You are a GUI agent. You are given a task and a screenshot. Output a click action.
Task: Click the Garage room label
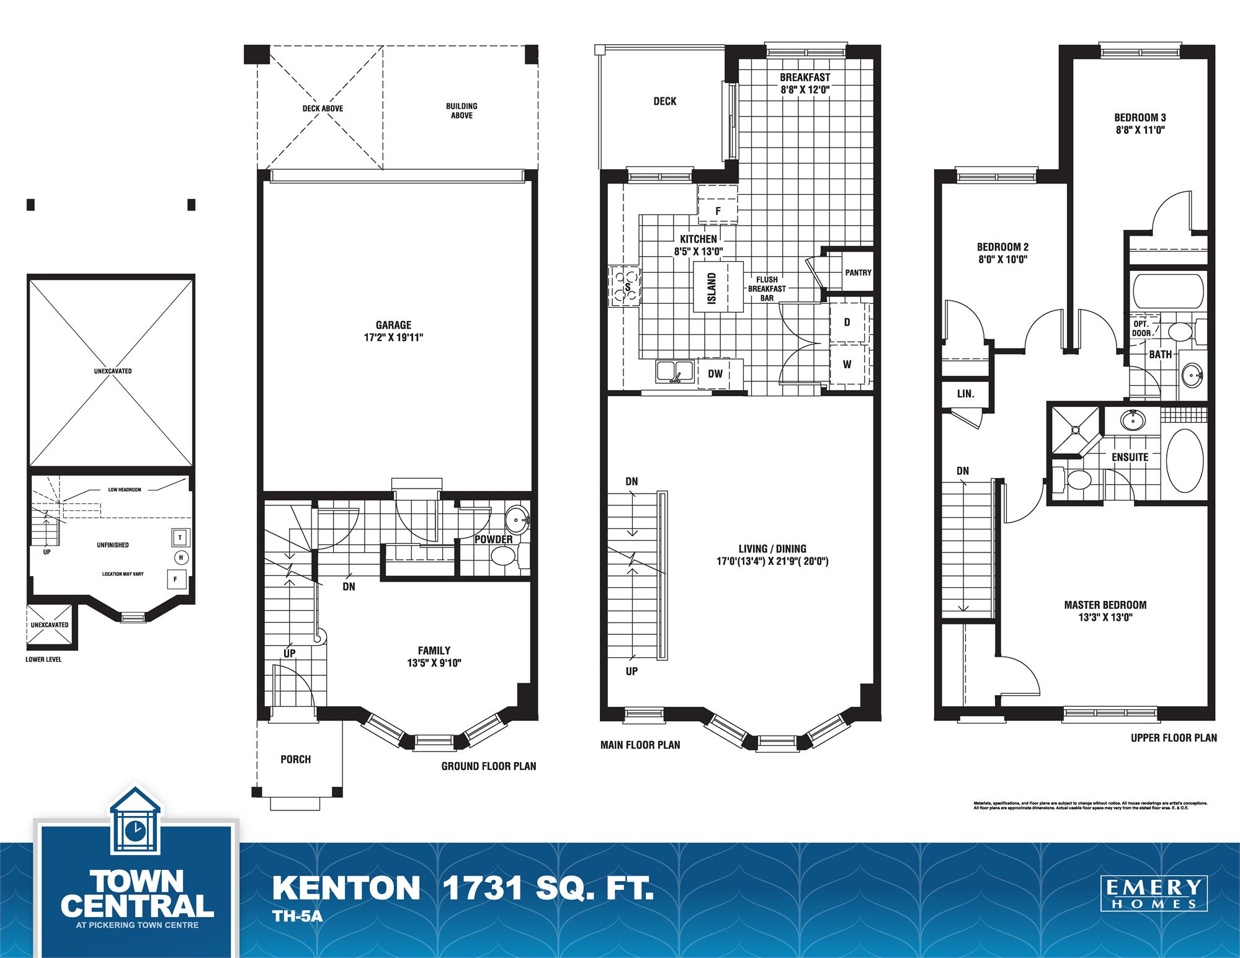tap(393, 325)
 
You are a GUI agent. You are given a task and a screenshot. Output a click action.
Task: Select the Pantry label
tap(858, 272)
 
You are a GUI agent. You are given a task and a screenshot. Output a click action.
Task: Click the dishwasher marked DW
tap(715, 373)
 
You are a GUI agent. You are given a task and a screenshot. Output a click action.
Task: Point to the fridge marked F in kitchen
tap(718, 211)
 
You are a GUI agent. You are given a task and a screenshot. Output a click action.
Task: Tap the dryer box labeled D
tap(847, 322)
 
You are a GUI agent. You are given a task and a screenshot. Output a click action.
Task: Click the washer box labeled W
tap(847, 365)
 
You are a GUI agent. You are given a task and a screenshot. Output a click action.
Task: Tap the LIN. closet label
tap(965, 394)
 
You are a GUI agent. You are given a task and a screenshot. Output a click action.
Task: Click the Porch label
tap(295, 759)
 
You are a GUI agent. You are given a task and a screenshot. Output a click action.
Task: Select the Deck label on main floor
tap(664, 101)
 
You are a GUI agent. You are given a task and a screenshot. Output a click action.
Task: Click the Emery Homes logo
tap(1154, 894)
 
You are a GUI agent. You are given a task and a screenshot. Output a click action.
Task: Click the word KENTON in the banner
tap(346, 889)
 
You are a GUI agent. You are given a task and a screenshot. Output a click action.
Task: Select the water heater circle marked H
tap(181, 557)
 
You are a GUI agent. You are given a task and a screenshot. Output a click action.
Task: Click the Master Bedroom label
tap(1105, 605)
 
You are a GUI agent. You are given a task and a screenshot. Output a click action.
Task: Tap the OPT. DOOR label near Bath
tap(1141, 328)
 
